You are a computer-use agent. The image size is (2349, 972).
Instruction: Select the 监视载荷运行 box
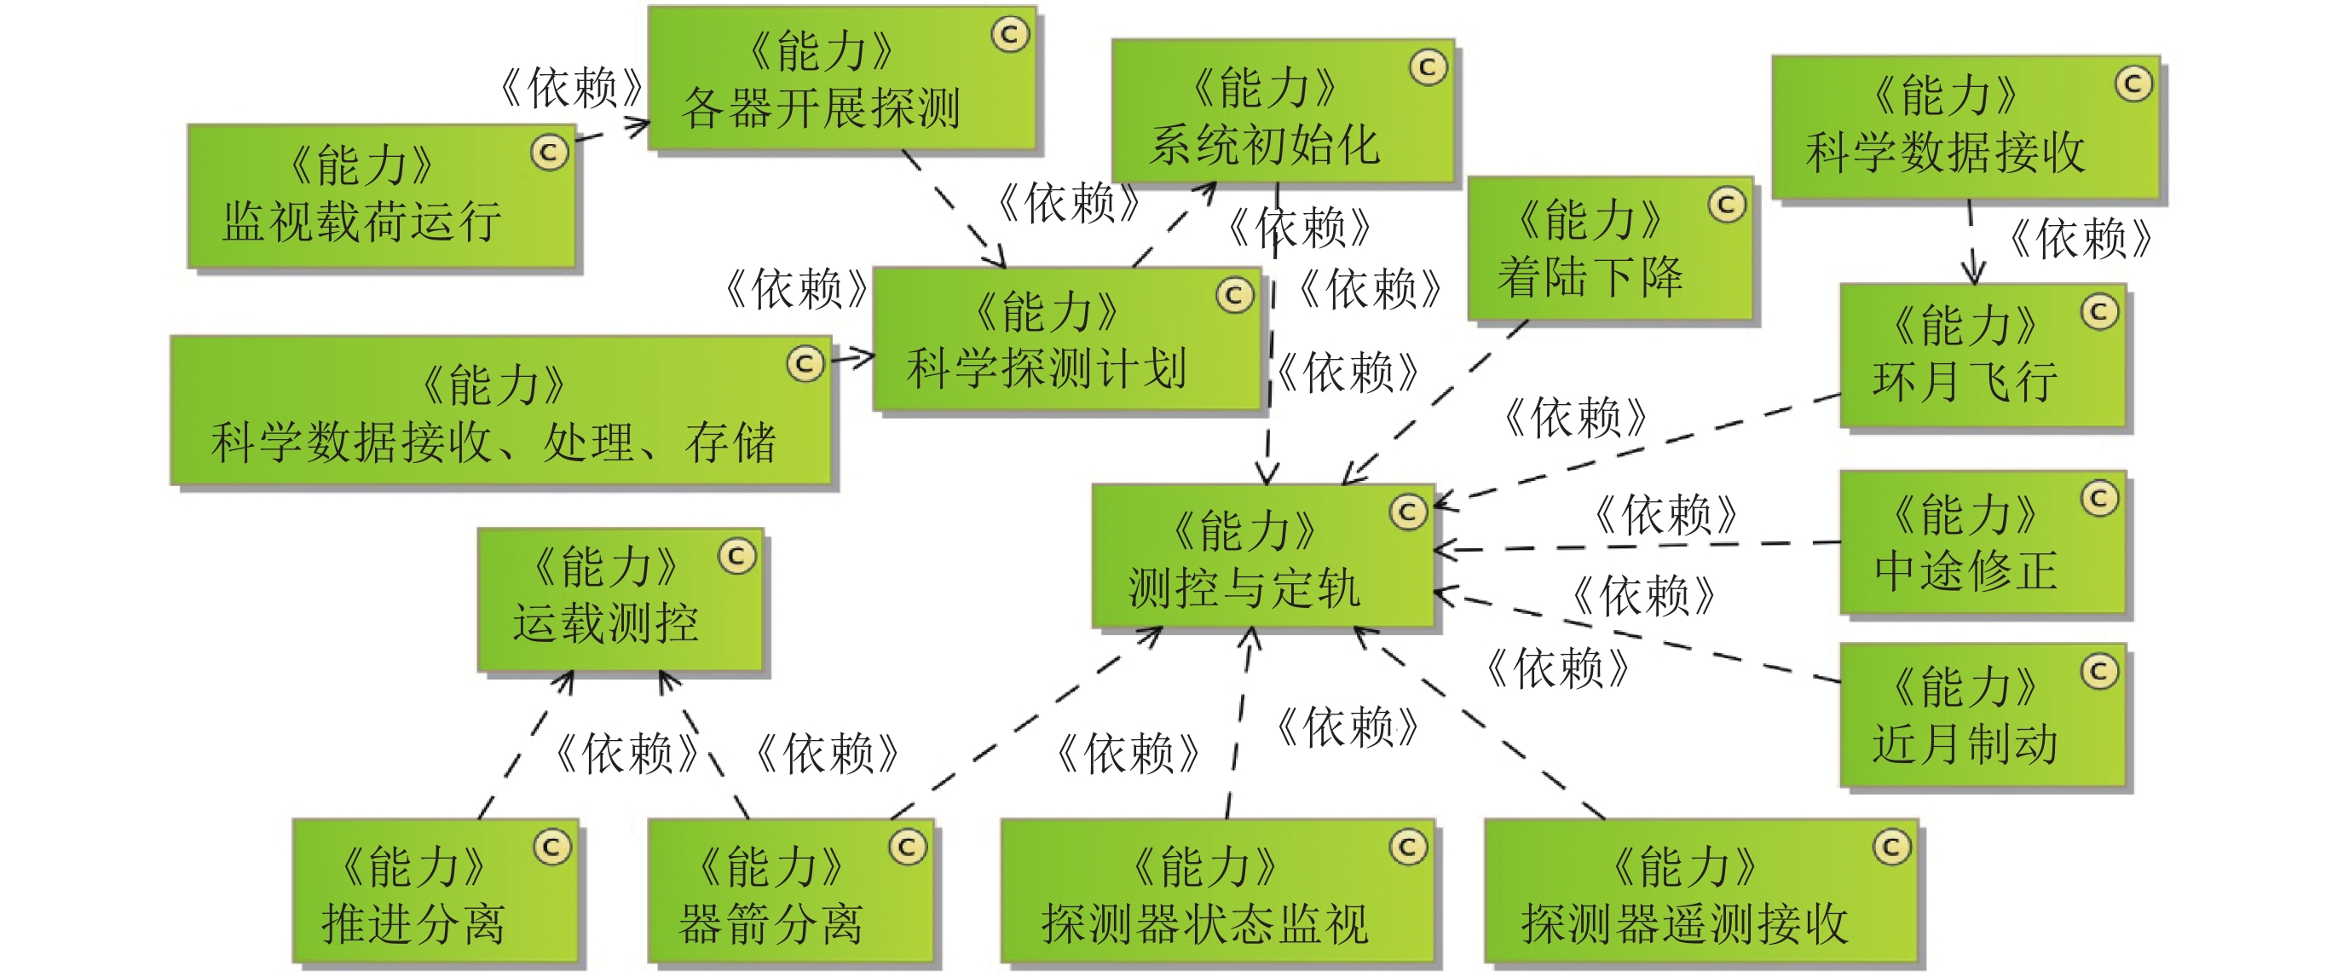(x=381, y=196)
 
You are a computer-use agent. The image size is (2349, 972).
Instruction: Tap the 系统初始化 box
(x=1281, y=111)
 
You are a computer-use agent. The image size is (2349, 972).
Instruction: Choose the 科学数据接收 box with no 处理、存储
(x=1965, y=127)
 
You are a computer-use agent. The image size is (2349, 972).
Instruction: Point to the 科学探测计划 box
(x=1066, y=339)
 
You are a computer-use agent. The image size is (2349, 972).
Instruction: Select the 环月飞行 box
(x=1982, y=356)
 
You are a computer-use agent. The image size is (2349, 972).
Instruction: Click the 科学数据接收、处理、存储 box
(x=499, y=410)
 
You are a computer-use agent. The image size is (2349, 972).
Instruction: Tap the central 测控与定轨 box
(x=1263, y=556)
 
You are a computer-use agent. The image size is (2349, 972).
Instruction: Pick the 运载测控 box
(x=619, y=599)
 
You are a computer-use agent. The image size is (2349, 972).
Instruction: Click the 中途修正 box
(x=1982, y=542)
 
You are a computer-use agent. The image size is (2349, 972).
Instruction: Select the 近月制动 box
(x=1982, y=715)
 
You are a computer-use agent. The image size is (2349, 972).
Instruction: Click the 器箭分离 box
(x=790, y=891)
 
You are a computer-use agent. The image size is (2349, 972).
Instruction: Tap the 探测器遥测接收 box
(x=1700, y=891)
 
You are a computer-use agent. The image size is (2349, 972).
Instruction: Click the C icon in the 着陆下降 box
(x=1726, y=205)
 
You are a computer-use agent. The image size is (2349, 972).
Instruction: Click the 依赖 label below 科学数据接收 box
(x=2079, y=239)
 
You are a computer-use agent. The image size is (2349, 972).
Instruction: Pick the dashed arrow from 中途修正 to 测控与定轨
(x=1642, y=546)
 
